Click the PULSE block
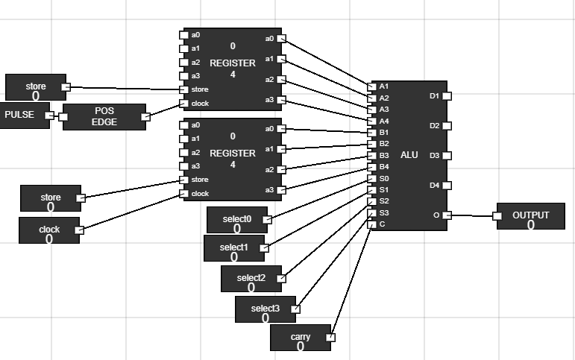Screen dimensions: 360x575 [x=21, y=116]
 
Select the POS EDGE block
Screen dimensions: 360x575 [x=104, y=117]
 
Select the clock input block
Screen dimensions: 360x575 [x=48, y=230]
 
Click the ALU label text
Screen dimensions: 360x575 [x=409, y=155]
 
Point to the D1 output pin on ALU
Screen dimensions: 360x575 [x=447, y=95]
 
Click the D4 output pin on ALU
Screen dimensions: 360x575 [x=447, y=185]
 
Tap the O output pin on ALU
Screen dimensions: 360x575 [x=447, y=215]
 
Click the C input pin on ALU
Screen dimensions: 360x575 [x=371, y=224]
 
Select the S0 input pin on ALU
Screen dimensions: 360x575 [x=372, y=179]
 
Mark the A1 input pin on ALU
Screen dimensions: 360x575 [x=372, y=86]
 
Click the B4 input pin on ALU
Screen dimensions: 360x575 [x=372, y=167]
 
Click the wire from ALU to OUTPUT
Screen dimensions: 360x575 [x=471, y=215]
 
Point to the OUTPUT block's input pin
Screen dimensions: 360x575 [x=497, y=216]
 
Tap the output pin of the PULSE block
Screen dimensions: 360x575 [x=50, y=116]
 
